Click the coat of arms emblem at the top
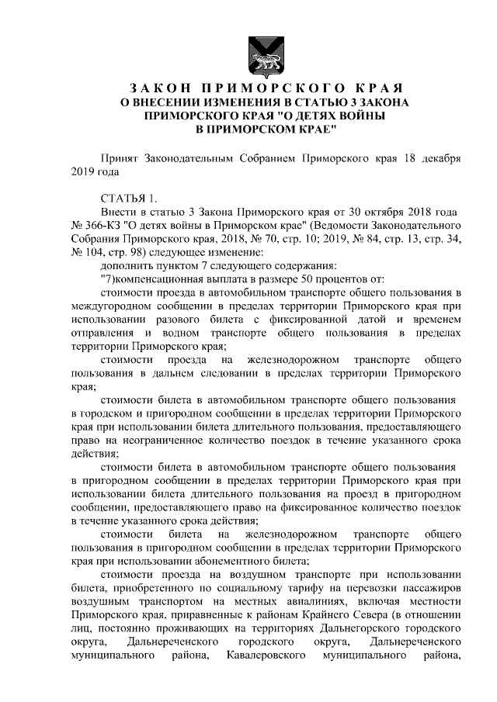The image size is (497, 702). (x=248, y=52)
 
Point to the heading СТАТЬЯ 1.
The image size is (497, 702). (x=129, y=198)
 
